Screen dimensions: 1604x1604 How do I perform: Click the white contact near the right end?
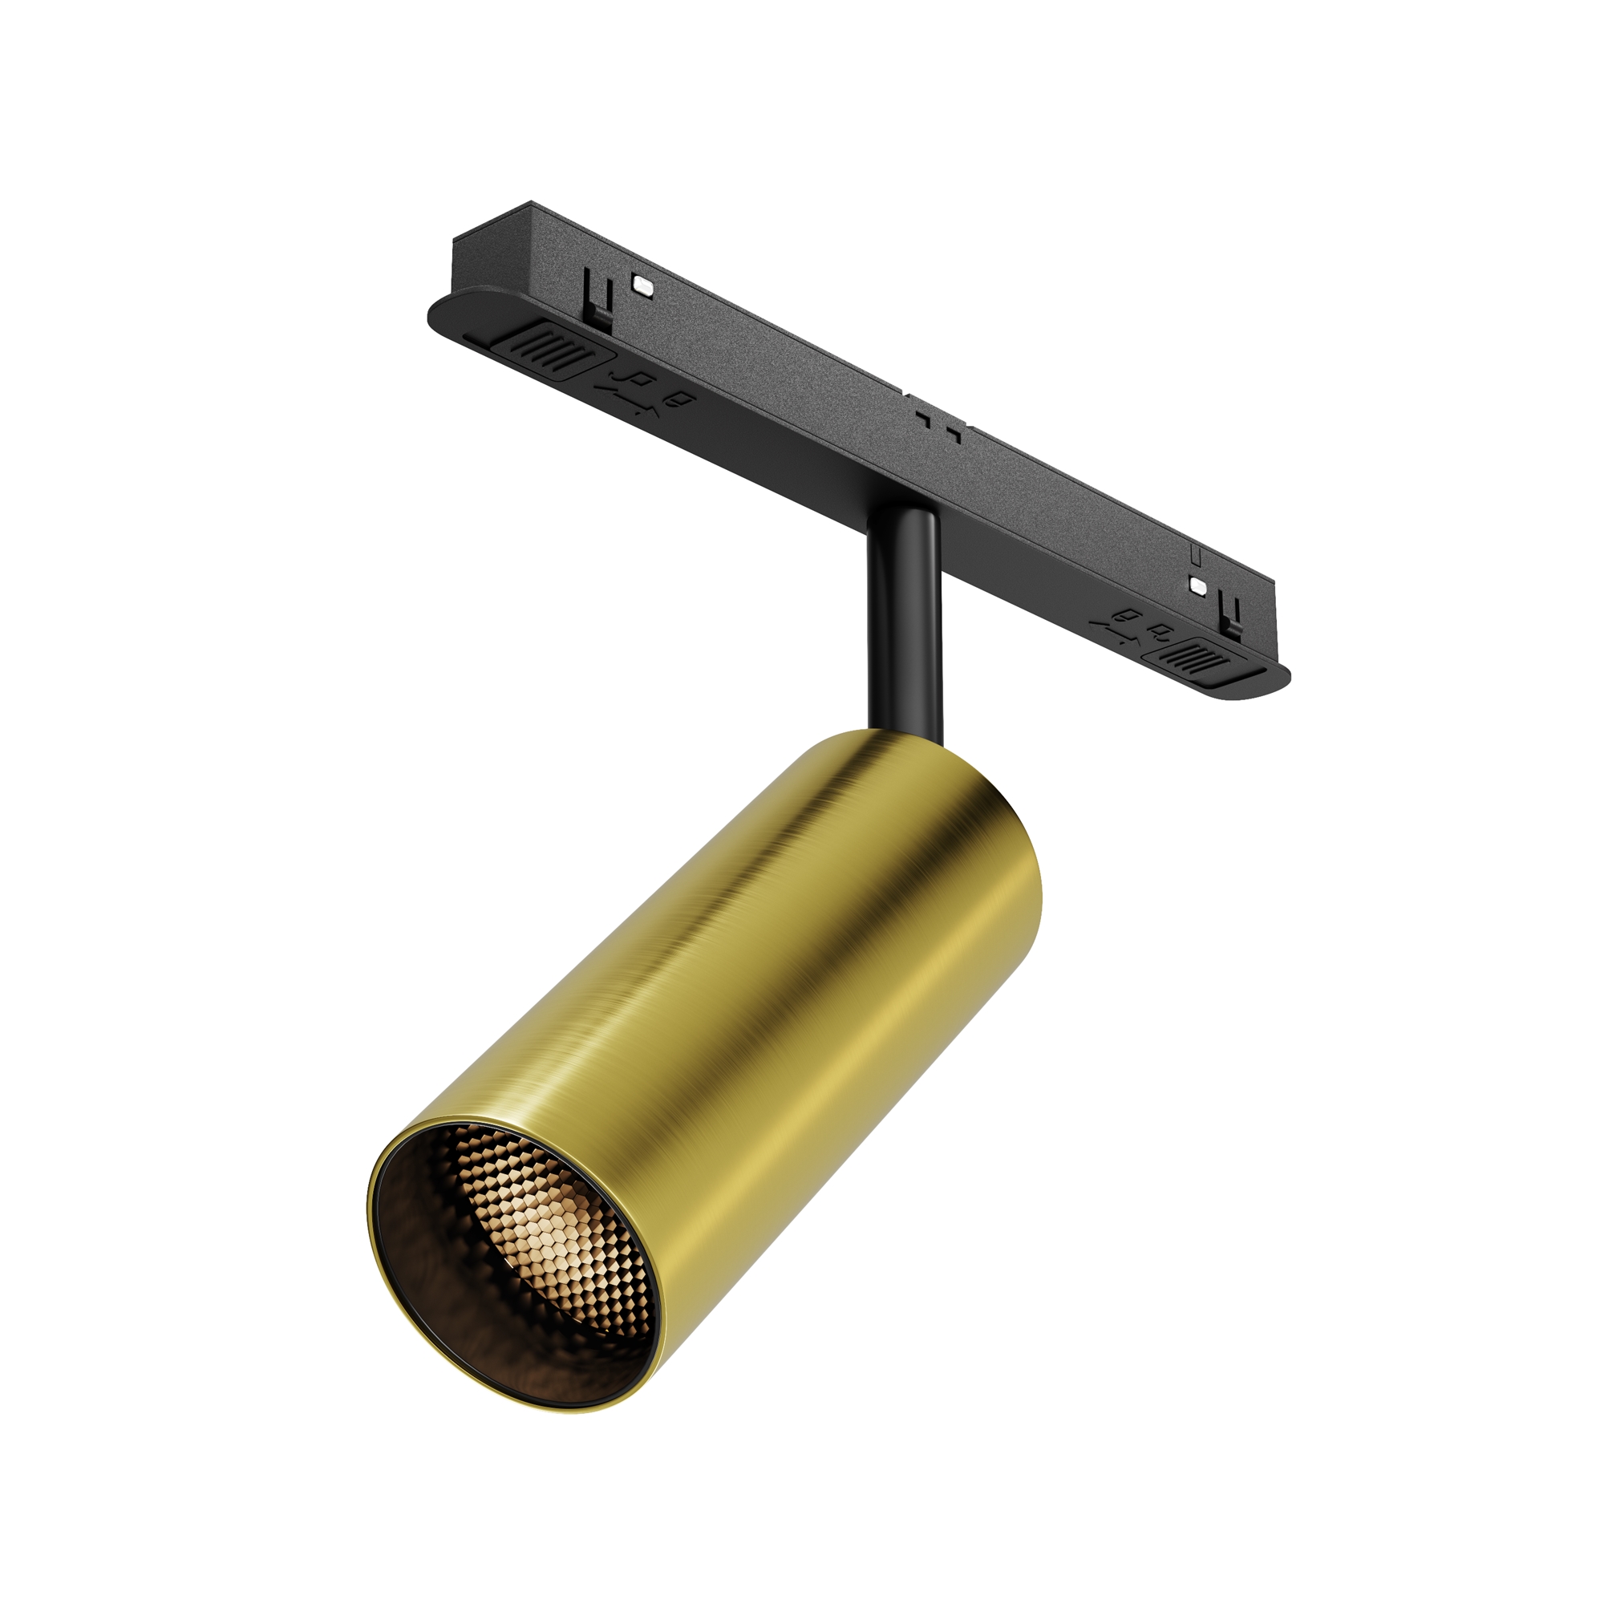1198,585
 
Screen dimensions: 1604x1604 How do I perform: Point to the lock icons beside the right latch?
1135,624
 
